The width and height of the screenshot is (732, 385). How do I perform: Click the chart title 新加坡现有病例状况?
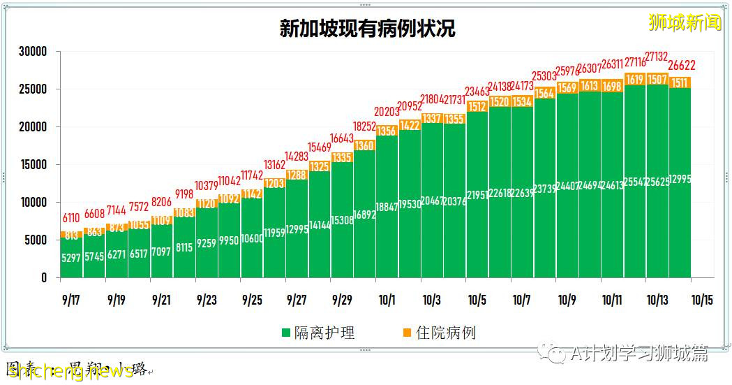click(367, 28)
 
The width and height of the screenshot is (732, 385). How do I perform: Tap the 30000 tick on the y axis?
click(33, 52)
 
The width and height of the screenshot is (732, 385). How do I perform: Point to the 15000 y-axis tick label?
click(33, 165)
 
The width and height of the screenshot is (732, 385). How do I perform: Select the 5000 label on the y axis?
click(36, 240)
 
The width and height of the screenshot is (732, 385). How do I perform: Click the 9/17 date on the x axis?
click(71, 300)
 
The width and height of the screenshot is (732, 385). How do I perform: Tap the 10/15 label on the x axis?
click(702, 300)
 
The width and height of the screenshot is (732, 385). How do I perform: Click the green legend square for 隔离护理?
click(286, 333)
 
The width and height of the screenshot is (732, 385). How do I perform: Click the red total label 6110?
click(72, 218)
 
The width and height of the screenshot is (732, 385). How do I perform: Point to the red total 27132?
click(657, 56)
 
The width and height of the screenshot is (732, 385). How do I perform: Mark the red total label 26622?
click(680, 66)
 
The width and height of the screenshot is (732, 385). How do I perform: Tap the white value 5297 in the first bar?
click(72, 258)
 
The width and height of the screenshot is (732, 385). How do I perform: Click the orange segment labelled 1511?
click(680, 82)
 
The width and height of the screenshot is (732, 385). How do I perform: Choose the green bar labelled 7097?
click(162, 252)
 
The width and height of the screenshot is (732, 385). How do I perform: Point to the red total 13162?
click(274, 165)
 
